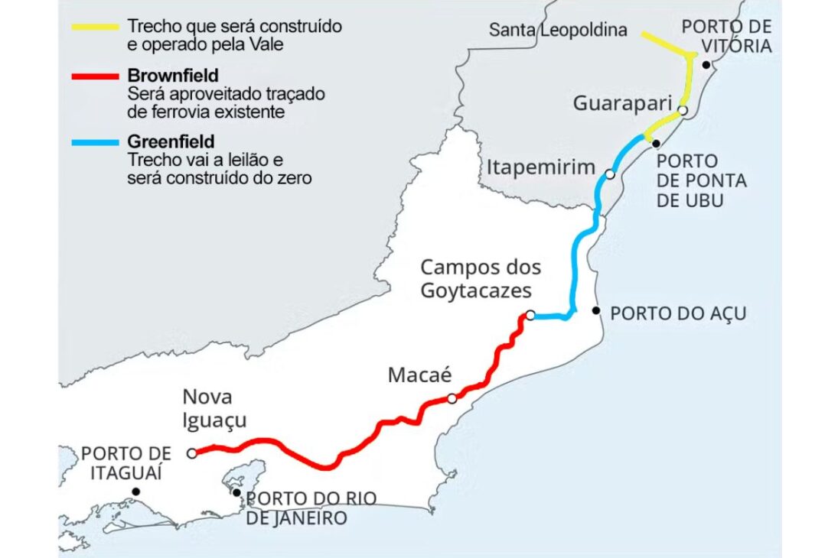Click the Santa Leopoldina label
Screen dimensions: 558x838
pos(558,31)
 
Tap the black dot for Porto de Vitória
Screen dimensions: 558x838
pos(706,65)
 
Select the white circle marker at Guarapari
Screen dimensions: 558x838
pos(683,110)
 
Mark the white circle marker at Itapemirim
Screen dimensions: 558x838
pos(610,174)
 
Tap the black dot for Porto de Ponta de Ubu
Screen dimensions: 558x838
pos(656,144)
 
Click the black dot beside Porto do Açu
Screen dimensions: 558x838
pos(597,310)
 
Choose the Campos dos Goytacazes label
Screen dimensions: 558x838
pos(481,279)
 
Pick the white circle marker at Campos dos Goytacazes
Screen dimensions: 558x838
pos(530,315)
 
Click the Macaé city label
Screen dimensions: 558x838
pos(420,375)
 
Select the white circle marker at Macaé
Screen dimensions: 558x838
pos(452,398)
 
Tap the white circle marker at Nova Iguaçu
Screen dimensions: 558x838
pos(191,453)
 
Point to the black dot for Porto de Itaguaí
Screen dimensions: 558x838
pos(135,491)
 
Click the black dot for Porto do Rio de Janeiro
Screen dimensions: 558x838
pos(236,492)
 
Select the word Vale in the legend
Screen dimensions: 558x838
pos(269,45)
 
